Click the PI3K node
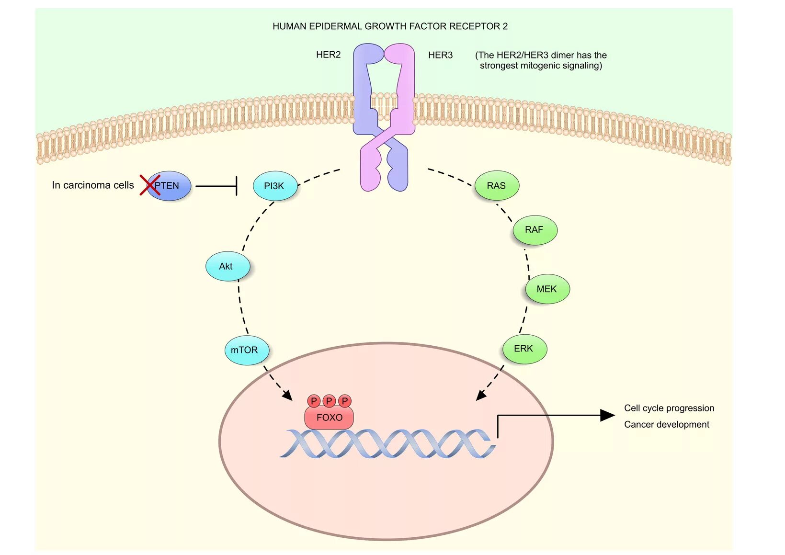275,186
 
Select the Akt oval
228,266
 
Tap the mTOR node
247,350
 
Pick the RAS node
497,185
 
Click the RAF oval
535,230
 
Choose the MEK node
547,289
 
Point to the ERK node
524,349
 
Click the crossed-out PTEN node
169,186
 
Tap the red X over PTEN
150,185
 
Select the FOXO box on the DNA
329,417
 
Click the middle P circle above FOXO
329,401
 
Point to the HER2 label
329,55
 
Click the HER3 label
441,55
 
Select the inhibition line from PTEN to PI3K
216,186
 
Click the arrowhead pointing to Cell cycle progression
608,416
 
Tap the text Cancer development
667,425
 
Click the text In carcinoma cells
93,185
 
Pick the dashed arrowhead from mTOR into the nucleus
288,396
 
